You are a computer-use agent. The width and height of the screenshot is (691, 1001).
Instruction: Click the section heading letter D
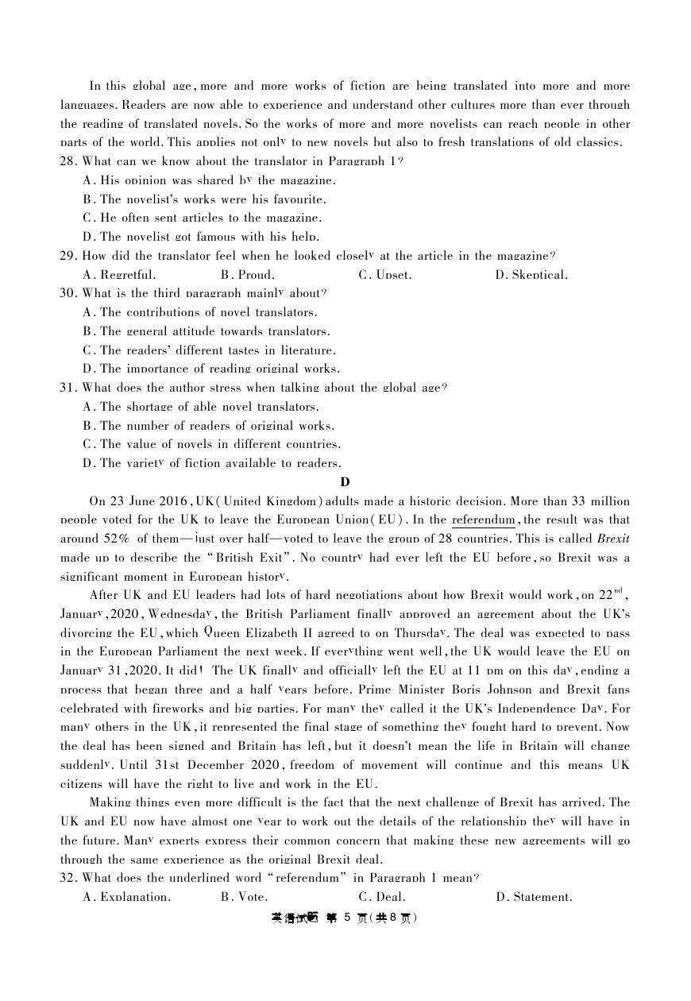tap(345, 482)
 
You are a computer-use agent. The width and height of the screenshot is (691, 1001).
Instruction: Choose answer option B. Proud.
tap(248, 275)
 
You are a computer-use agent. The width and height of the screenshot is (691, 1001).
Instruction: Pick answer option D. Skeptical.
tap(531, 275)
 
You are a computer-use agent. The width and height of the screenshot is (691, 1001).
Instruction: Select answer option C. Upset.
tap(385, 275)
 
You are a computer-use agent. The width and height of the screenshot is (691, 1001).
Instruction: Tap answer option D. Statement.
tap(534, 897)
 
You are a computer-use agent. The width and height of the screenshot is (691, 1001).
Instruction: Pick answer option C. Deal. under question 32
tap(382, 897)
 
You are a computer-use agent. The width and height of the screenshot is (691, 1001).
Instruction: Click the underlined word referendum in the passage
tap(483, 520)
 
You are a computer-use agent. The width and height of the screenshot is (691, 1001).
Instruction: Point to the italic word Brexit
tap(613, 539)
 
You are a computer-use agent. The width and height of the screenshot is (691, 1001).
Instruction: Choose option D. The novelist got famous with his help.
tap(201, 237)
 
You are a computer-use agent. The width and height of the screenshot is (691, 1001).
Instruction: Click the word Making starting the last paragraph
tap(112, 802)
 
